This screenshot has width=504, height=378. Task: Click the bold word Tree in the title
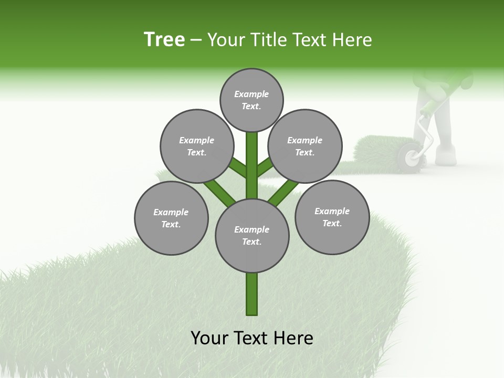coord(164,39)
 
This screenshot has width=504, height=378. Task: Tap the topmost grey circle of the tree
coord(251,100)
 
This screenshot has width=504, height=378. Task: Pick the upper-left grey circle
coord(196,146)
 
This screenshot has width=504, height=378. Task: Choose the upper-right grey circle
coord(305,146)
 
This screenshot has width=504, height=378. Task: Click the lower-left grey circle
coord(171,218)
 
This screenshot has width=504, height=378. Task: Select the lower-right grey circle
coord(332,217)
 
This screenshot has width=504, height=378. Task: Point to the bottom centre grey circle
coord(252,235)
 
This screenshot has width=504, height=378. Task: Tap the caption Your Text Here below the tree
coord(252,338)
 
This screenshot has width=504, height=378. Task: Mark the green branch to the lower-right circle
coord(281,194)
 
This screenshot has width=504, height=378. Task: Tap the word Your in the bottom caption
coord(209,338)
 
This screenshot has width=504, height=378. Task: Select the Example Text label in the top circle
coord(251,100)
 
